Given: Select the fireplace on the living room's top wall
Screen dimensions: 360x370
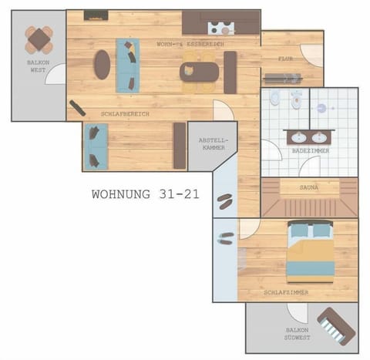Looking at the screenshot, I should (95, 15).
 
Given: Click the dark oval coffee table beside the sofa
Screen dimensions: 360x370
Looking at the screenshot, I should (102, 64).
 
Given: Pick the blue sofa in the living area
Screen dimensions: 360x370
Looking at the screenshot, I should (127, 64).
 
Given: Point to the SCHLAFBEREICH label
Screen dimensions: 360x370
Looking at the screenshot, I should (124, 114).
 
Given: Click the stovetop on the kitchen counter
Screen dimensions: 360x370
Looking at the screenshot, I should (220, 29).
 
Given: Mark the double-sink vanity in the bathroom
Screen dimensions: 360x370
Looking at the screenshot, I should (310, 137).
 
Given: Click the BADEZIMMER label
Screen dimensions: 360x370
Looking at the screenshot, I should (311, 151).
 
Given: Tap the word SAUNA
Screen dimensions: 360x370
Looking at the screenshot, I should (309, 187).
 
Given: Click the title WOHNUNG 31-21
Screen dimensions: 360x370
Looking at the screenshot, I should (145, 194).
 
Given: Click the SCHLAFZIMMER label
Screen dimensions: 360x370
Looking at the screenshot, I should (286, 293).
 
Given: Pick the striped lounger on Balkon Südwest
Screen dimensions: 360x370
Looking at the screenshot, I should (336, 324).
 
